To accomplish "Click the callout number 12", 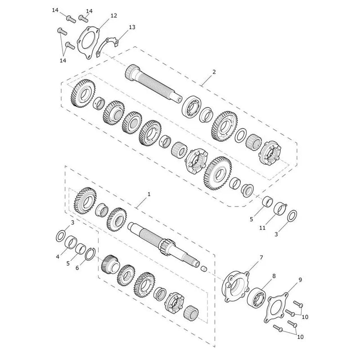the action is click(x=114, y=16).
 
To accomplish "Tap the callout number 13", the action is click(x=132, y=27).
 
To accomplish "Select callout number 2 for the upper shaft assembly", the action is click(x=214, y=72).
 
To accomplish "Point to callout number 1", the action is click(x=149, y=194).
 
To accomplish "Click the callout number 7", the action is click(x=261, y=258).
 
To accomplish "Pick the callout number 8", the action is click(x=274, y=276).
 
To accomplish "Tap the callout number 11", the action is click(x=262, y=228).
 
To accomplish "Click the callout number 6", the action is click(x=77, y=268).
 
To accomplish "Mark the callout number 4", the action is click(x=58, y=256).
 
